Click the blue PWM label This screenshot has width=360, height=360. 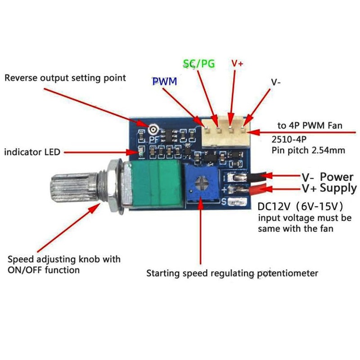(165, 81)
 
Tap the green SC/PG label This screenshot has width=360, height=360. (199, 63)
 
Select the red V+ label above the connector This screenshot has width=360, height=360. (237, 63)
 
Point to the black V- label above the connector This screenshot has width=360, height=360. (276, 82)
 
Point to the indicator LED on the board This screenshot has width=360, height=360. (140, 152)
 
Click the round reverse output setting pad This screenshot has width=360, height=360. (153, 130)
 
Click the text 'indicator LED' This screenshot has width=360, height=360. (32, 152)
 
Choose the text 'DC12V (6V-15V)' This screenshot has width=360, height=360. (300, 207)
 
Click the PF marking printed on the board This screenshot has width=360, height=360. (154, 139)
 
